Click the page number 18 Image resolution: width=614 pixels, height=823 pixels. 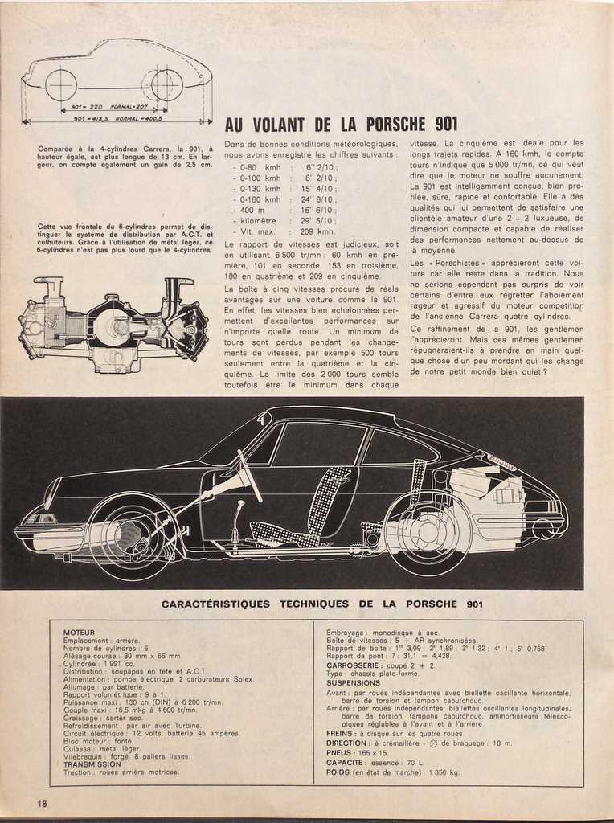[41, 803]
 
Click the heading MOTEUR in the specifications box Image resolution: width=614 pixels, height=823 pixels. [79, 633]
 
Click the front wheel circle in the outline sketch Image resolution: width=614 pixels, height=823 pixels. [61, 85]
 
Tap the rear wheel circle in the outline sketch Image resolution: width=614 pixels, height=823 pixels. [166, 85]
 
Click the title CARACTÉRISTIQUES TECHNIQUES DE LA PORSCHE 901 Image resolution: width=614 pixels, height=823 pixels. [321, 604]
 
